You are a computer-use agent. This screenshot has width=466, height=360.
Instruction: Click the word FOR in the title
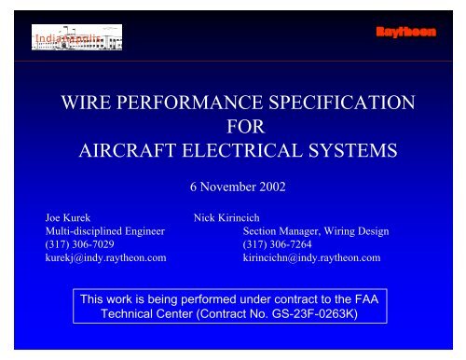[233, 125]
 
